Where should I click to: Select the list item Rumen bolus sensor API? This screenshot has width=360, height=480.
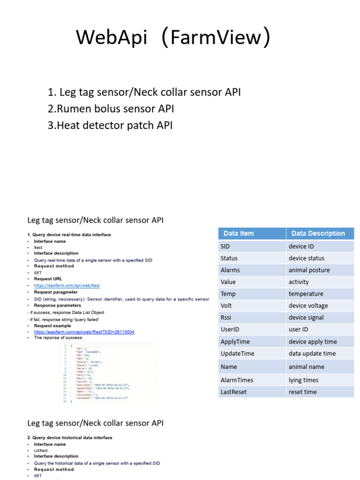coord(111,109)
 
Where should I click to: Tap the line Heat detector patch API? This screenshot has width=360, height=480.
coord(110,126)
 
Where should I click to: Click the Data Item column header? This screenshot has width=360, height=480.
coord(239,233)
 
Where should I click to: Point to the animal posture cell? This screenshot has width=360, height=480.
coord(309,270)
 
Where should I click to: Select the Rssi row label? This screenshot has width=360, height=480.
coord(227,317)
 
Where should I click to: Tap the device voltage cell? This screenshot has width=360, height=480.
coord(308,306)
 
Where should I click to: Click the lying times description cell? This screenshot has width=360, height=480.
coord(303,380)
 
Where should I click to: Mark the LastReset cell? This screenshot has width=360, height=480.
coord(233,392)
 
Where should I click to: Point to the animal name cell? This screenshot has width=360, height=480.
coord(306,367)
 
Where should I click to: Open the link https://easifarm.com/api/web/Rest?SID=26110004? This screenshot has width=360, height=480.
coord(84,332)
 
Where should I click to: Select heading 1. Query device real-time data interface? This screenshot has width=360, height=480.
coord(69,234)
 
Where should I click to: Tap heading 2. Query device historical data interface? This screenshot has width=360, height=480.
coord(70,438)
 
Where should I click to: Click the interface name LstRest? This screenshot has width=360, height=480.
coord(41,450)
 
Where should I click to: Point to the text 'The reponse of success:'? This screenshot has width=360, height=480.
coord(58,337)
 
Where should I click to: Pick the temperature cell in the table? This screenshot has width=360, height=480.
coord(306,294)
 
